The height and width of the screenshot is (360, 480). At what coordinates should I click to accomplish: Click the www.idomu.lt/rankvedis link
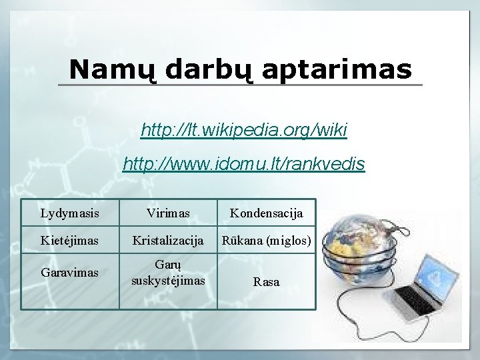244,163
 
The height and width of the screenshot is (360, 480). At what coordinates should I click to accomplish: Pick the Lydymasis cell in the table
70,213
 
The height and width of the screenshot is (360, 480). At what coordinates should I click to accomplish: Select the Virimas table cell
169,213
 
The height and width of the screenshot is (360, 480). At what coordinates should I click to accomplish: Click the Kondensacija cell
267,213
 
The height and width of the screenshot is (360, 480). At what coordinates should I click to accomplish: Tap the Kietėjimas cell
70,239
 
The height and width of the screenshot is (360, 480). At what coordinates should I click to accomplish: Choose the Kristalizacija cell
169,239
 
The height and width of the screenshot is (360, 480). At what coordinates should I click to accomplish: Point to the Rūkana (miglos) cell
267,239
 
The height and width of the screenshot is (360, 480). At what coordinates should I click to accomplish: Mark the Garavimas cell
70,273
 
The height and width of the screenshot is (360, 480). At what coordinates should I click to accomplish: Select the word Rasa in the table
267,282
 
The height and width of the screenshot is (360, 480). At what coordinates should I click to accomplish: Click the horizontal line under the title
240,85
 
